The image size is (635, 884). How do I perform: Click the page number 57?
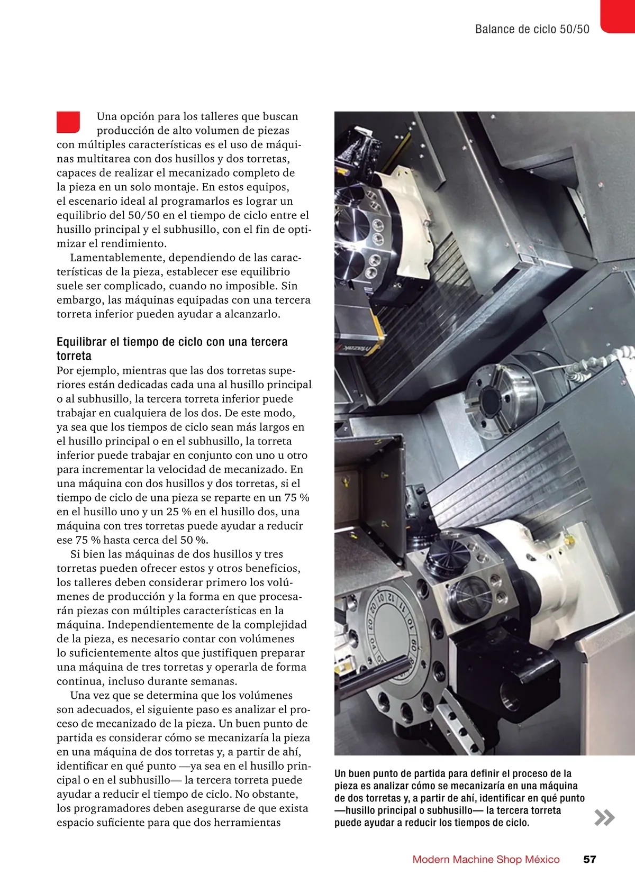tap(589, 859)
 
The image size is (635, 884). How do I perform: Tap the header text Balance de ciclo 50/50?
tap(532, 29)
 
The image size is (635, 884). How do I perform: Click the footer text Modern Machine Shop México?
tap(486, 859)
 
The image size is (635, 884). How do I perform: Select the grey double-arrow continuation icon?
tap(604, 817)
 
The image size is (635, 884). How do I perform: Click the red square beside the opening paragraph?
tap(68, 122)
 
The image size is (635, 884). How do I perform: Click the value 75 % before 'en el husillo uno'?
tap(296, 497)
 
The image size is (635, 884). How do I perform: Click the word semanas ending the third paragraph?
tap(213, 681)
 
